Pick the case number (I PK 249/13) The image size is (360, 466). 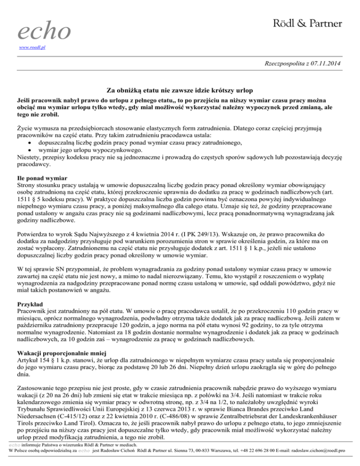pyautogui.click(x=187, y=232)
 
